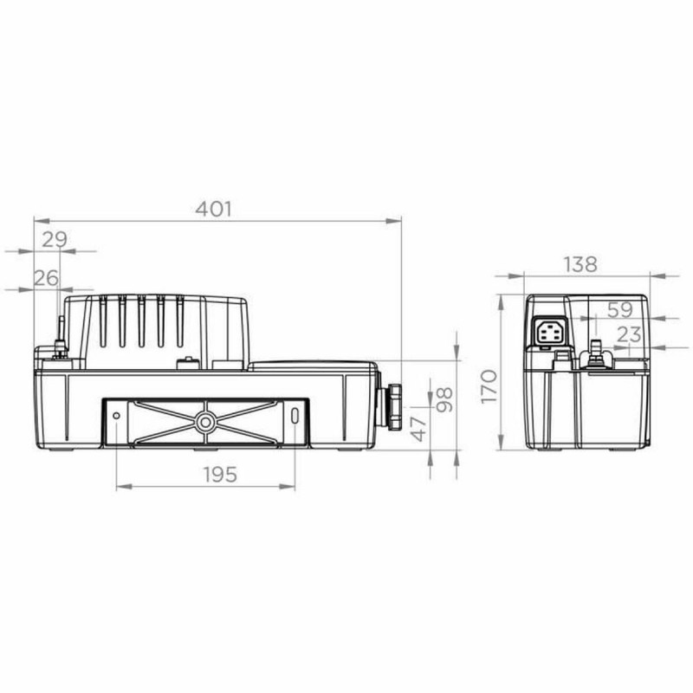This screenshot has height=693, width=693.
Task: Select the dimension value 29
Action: point(54,239)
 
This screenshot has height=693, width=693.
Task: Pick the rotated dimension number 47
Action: point(418,427)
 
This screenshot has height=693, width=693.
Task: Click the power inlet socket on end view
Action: point(550,332)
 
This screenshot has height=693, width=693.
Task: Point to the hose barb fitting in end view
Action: point(594,352)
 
